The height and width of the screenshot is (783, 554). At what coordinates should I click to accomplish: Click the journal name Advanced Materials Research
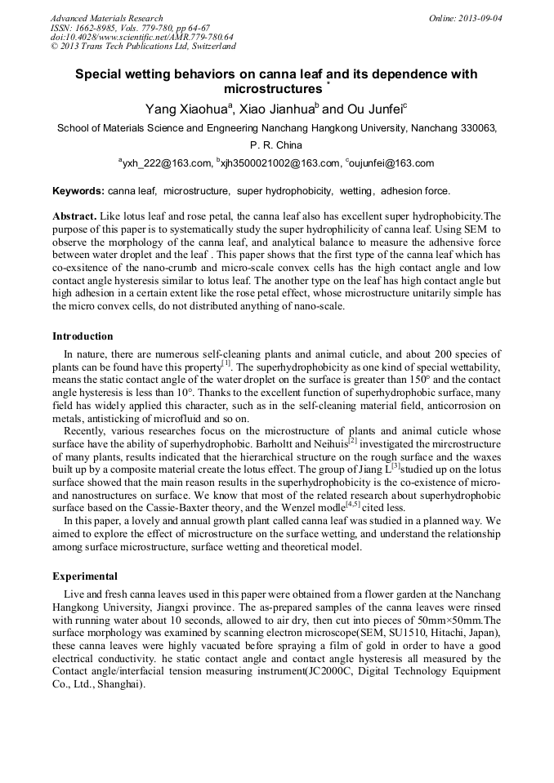click(106, 18)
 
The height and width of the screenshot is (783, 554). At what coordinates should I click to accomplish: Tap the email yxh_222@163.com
click(167, 163)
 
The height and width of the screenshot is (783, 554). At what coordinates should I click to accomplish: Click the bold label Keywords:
click(78, 191)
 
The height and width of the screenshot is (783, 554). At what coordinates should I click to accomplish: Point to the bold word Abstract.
click(75, 216)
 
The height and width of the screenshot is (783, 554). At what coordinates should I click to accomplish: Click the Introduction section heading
click(83, 336)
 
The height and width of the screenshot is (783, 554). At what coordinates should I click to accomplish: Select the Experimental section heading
click(85, 576)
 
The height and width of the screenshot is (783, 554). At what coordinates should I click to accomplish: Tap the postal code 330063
click(476, 128)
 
